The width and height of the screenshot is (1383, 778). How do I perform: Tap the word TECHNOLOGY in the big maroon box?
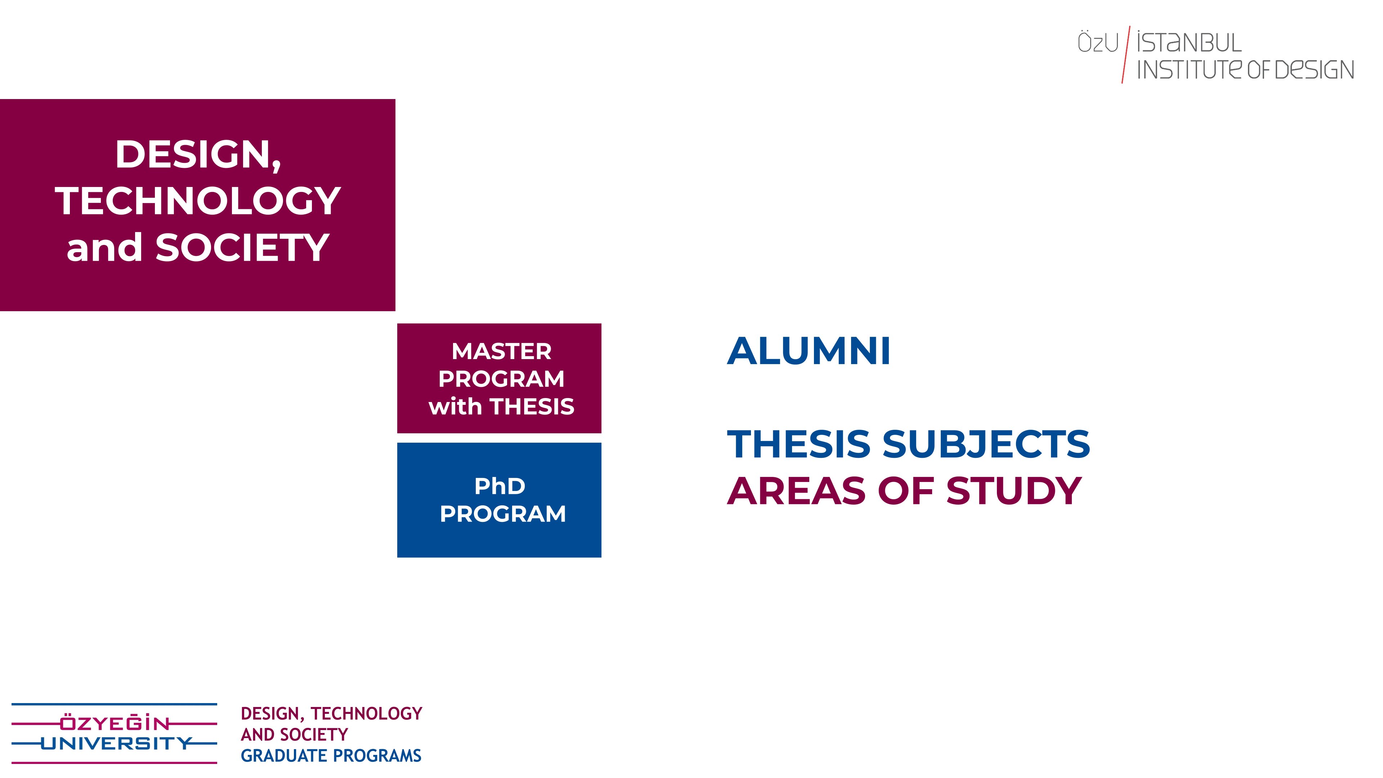pos(198,201)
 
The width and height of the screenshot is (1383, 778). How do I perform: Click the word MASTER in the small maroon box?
pos(501,352)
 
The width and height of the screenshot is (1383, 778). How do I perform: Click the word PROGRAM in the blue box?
pos(502,514)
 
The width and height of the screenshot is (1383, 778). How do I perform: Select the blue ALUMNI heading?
pos(809,351)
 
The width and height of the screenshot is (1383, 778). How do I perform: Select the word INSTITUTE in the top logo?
pos(1189,70)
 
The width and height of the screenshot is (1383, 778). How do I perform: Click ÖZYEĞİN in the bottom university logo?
pos(115,724)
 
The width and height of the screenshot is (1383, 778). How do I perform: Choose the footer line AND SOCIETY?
pos(294,734)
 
